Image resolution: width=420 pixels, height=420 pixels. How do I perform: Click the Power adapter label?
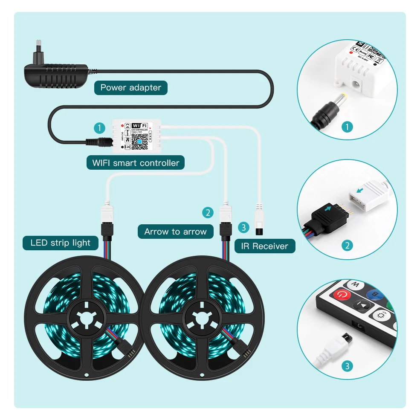pyautogui.click(x=130, y=88)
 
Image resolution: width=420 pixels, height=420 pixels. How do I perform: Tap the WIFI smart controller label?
pyautogui.click(x=136, y=162)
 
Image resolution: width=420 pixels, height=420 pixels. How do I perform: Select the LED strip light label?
pyautogui.click(x=60, y=243)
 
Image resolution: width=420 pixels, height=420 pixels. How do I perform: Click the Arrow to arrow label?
pyautogui.click(x=175, y=232)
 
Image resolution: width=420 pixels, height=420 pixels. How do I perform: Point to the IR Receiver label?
pyautogui.click(x=264, y=246)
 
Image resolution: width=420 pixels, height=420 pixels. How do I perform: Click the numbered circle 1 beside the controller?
pyautogui.click(x=99, y=127)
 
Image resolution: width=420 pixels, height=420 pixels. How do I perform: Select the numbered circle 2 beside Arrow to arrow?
pyautogui.click(x=208, y=212)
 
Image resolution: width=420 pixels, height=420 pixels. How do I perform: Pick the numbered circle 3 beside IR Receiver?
pyautogui.click(x=243, y=227)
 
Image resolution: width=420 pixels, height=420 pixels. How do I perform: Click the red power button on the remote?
pyautogui.click(x=342, y=294)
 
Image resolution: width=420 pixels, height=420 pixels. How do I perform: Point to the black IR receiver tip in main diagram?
pyautogui.click(x=258, y=231)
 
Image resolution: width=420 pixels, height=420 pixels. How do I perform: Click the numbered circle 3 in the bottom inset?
pyautogui.click(x=348, y=365)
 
